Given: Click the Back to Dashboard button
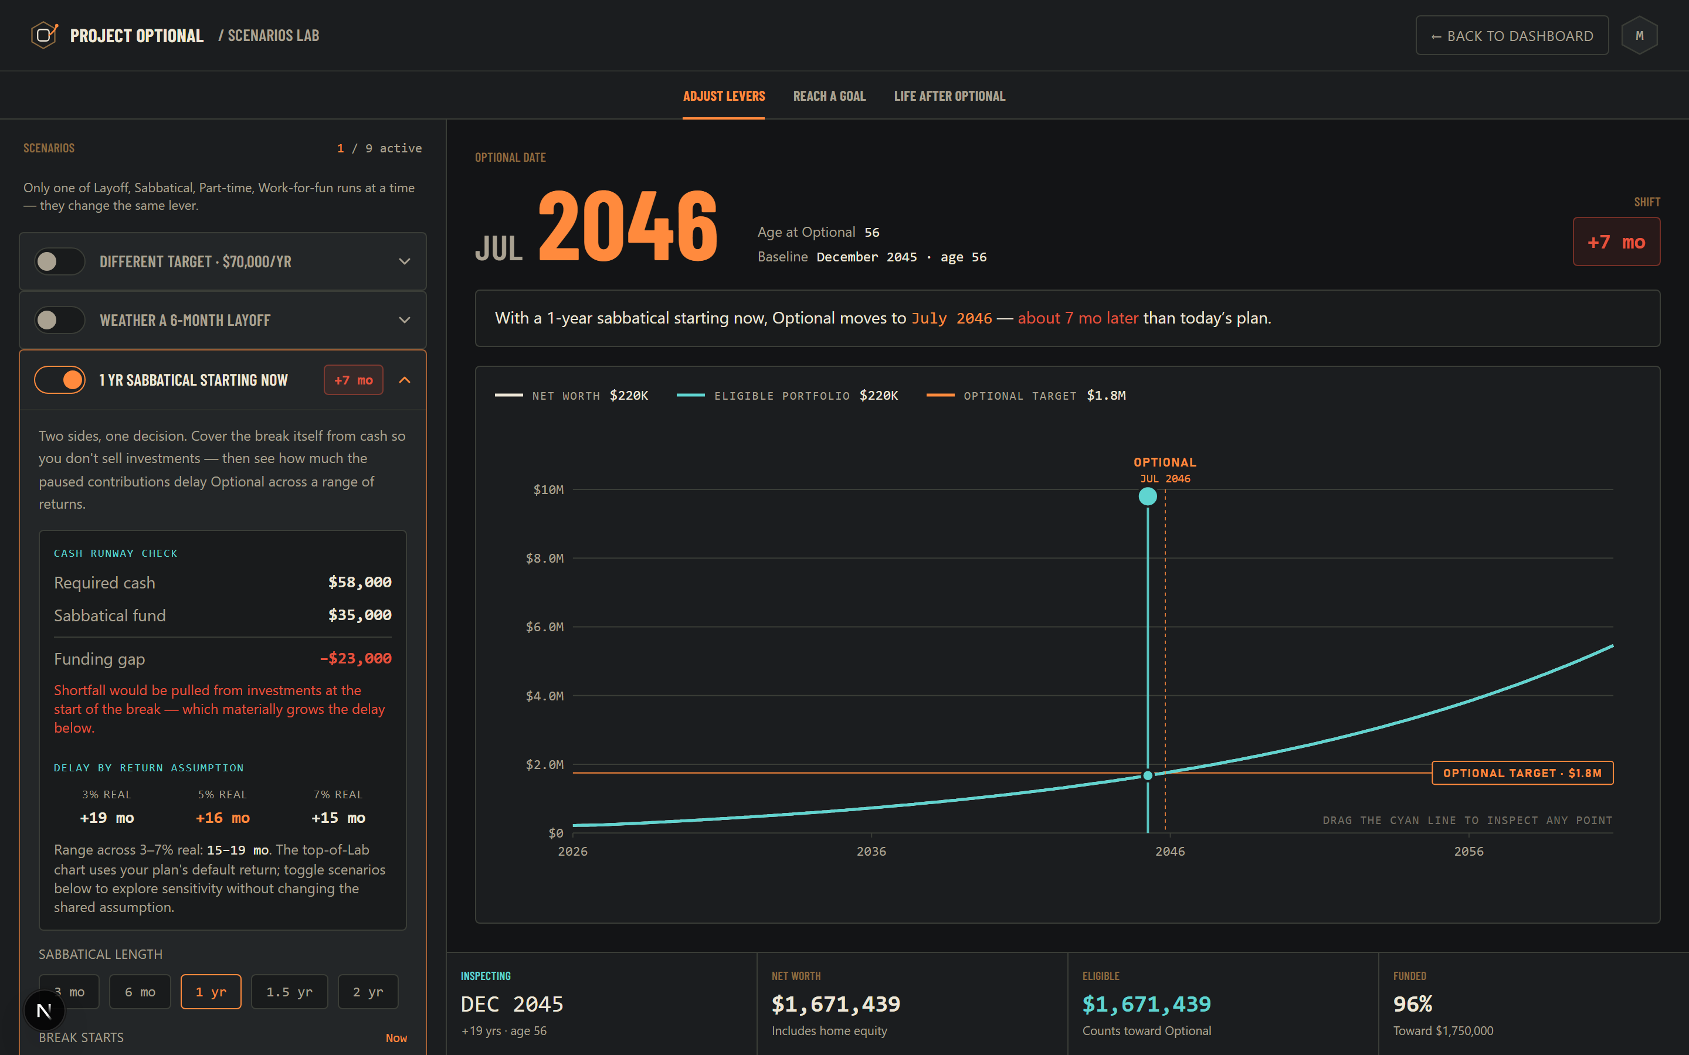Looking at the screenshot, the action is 1512,36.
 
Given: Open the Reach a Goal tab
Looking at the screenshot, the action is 829,96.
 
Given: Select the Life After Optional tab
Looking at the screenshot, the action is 949,96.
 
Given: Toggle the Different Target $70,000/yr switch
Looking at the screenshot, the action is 60,261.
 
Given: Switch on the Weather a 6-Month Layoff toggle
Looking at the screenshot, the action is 60,320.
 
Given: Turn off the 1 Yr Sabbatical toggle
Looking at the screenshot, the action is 60,380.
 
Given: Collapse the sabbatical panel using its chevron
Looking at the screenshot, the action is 405,380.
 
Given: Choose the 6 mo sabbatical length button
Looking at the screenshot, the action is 140,992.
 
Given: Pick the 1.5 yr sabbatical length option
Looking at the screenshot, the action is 289,992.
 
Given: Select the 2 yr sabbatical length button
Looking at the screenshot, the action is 368,992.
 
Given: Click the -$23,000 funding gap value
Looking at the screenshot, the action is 355,658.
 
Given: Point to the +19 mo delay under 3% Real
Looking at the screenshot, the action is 107,818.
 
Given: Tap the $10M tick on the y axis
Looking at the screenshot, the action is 548,490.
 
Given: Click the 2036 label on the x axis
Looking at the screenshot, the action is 871,851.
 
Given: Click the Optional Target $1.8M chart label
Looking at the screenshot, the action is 1522,773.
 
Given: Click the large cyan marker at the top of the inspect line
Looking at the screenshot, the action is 1147,497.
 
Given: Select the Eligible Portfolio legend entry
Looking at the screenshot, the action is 787,396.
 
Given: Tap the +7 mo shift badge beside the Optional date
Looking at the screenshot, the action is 1616,242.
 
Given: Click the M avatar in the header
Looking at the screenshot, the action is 1640,36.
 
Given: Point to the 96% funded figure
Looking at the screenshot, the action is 1413,1004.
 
